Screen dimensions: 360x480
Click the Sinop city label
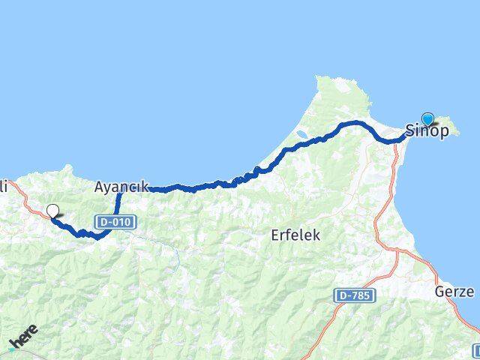pos(427,130)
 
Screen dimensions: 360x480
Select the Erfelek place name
pos(295,235)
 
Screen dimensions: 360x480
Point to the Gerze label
pos(454,292)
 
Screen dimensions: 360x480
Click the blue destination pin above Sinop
pos(427,118)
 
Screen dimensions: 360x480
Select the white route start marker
pos(52,211)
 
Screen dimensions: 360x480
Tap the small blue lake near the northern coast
pos(301,135)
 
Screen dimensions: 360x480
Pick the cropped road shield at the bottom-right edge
pos(476,350)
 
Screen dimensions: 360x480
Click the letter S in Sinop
pos(410,130)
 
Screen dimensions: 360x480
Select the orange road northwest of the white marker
pos(26,199)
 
